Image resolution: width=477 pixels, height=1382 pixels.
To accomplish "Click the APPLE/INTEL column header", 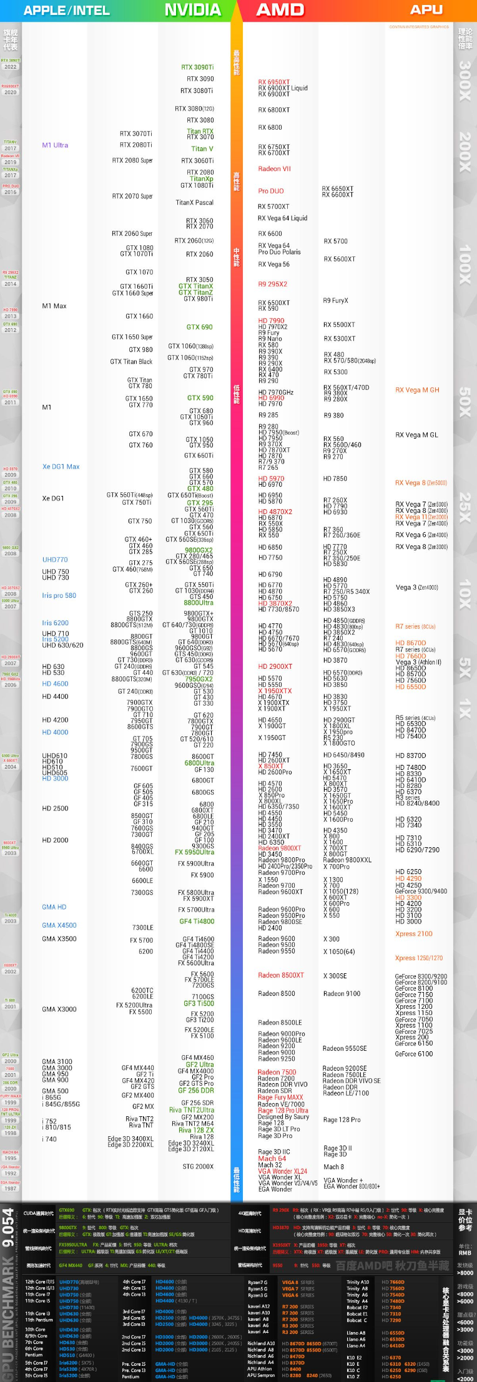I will [x=66, y=11].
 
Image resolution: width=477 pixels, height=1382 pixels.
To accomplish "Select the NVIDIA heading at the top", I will [x=192, y=10].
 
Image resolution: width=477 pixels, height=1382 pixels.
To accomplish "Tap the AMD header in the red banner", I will [x=280, y=10].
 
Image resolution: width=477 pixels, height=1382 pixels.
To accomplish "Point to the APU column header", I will [x=426, y=10].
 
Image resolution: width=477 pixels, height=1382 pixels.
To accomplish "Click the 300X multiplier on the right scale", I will [x=465, y=81].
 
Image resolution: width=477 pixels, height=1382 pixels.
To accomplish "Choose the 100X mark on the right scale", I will [x=465, y=265].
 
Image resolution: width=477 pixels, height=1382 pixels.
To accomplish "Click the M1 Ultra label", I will [x=55, y=145].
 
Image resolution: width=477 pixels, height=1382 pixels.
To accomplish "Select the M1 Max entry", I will [x=54, y=306].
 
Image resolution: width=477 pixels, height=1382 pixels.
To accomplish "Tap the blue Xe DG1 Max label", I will [x=61, y=467].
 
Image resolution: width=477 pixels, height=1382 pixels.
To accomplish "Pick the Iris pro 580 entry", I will [x=59, y=596].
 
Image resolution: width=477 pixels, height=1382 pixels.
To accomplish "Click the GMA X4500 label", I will [x=59, y=926].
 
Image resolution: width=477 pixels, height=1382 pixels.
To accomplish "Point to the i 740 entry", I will [x=49, y=1139].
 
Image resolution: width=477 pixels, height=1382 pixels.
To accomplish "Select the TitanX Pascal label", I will [x=194, y=203].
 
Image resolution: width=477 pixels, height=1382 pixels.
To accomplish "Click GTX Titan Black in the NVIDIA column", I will [x=131, y=362].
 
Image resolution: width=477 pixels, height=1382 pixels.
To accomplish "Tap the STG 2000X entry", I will [x=198, y=1167].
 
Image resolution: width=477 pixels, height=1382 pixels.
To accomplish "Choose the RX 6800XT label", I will [x=274, y=110].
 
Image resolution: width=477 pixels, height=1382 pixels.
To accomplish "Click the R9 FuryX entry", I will [x=335, y=301].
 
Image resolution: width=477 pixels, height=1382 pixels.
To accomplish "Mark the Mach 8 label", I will [x=333, y=1167].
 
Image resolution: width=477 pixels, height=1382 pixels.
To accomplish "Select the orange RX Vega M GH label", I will [x=417, y=391].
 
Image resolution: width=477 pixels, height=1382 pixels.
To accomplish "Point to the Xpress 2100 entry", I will [x=414, y=934].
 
